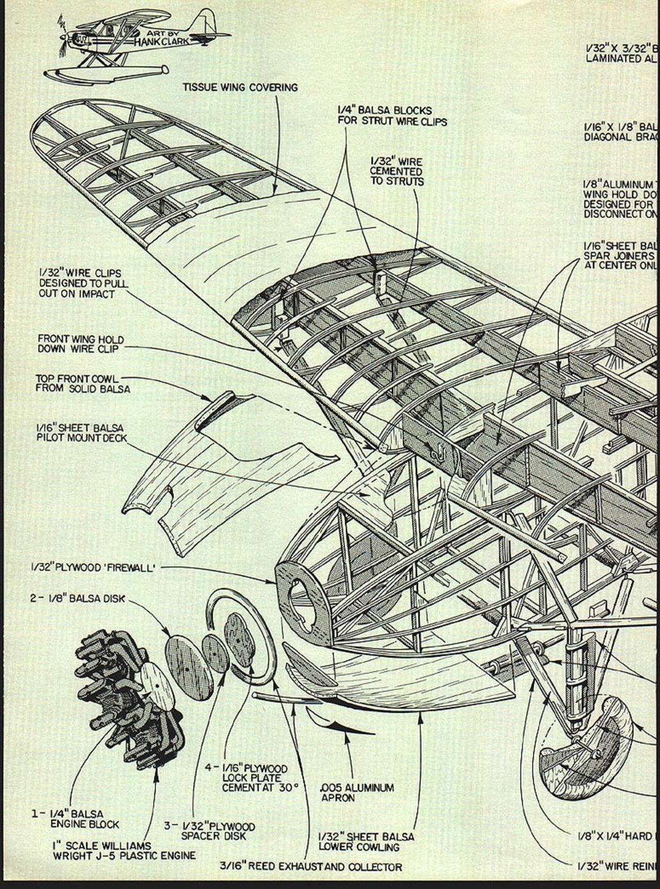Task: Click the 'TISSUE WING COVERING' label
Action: pyautogui.click(x=240, y=87)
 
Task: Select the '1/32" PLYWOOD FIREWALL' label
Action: pyautogui.click(x=93, y=566)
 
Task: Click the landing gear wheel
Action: pyautogui.click(x=585, y=747)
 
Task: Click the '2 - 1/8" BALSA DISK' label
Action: pyautogui.click(x=78, y=599)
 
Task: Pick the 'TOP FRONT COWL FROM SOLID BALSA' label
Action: pyautogui.click(x=82, y=384)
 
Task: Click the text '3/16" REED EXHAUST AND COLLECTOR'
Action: pyautogui.click(x=311, y=867)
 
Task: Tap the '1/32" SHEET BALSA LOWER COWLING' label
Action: pyautogui.click(x=366, y=842)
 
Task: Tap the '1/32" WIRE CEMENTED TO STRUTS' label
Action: pyautogui.click(x=396, y=172)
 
